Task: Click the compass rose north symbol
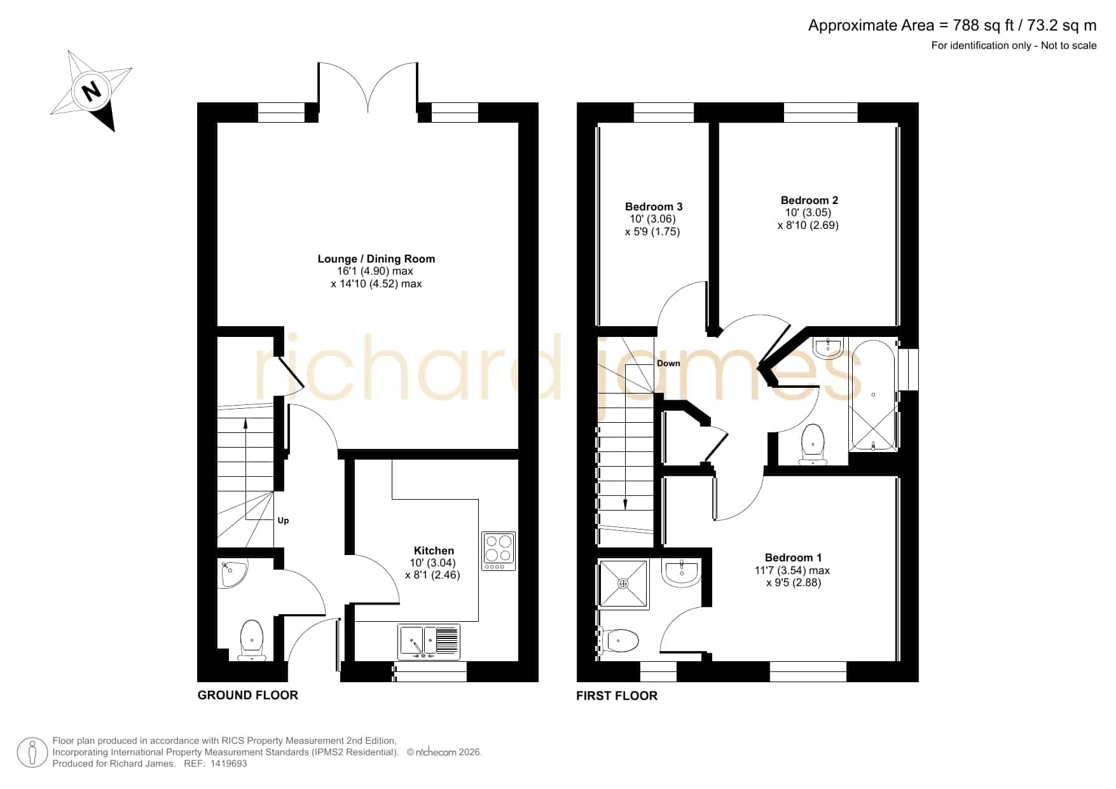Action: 92,91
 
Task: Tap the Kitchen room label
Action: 434,551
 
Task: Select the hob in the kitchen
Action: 499,551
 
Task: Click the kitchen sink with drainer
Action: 430,641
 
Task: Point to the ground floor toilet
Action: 252,640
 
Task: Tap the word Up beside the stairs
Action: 283,520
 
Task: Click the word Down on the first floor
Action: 668,364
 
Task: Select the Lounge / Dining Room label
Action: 376,259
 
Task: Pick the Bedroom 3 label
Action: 654,207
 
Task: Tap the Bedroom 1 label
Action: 793,558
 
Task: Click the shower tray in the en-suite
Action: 623,584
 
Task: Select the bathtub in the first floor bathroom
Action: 873,396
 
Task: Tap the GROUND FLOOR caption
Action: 248,695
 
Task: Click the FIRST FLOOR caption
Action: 617,696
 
